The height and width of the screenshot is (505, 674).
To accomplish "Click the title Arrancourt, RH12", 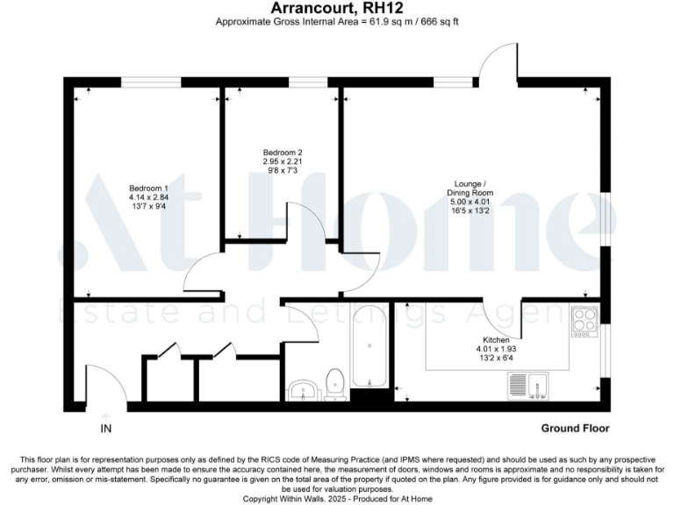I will click(337, 8).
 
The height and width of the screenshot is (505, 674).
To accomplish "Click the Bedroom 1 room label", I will click(148, 188).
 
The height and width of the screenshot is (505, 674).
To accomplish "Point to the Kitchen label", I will click(496, 339).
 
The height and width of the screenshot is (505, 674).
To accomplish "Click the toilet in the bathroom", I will click(333, 382).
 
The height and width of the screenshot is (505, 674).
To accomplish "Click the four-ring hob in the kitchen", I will click(584, 322).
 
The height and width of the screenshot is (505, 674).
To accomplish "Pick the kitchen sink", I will click(527, 384).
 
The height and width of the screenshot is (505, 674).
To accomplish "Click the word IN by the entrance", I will click(106, 429).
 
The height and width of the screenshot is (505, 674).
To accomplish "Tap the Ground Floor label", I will click(574, 429).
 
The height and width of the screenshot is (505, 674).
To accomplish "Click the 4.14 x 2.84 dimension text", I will click(148, 197).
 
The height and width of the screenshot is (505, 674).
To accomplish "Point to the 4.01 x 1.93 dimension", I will click(496, 349).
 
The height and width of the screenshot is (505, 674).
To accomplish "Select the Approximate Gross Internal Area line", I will click(337, 21).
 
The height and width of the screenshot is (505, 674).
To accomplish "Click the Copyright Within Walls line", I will click(337, 498).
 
